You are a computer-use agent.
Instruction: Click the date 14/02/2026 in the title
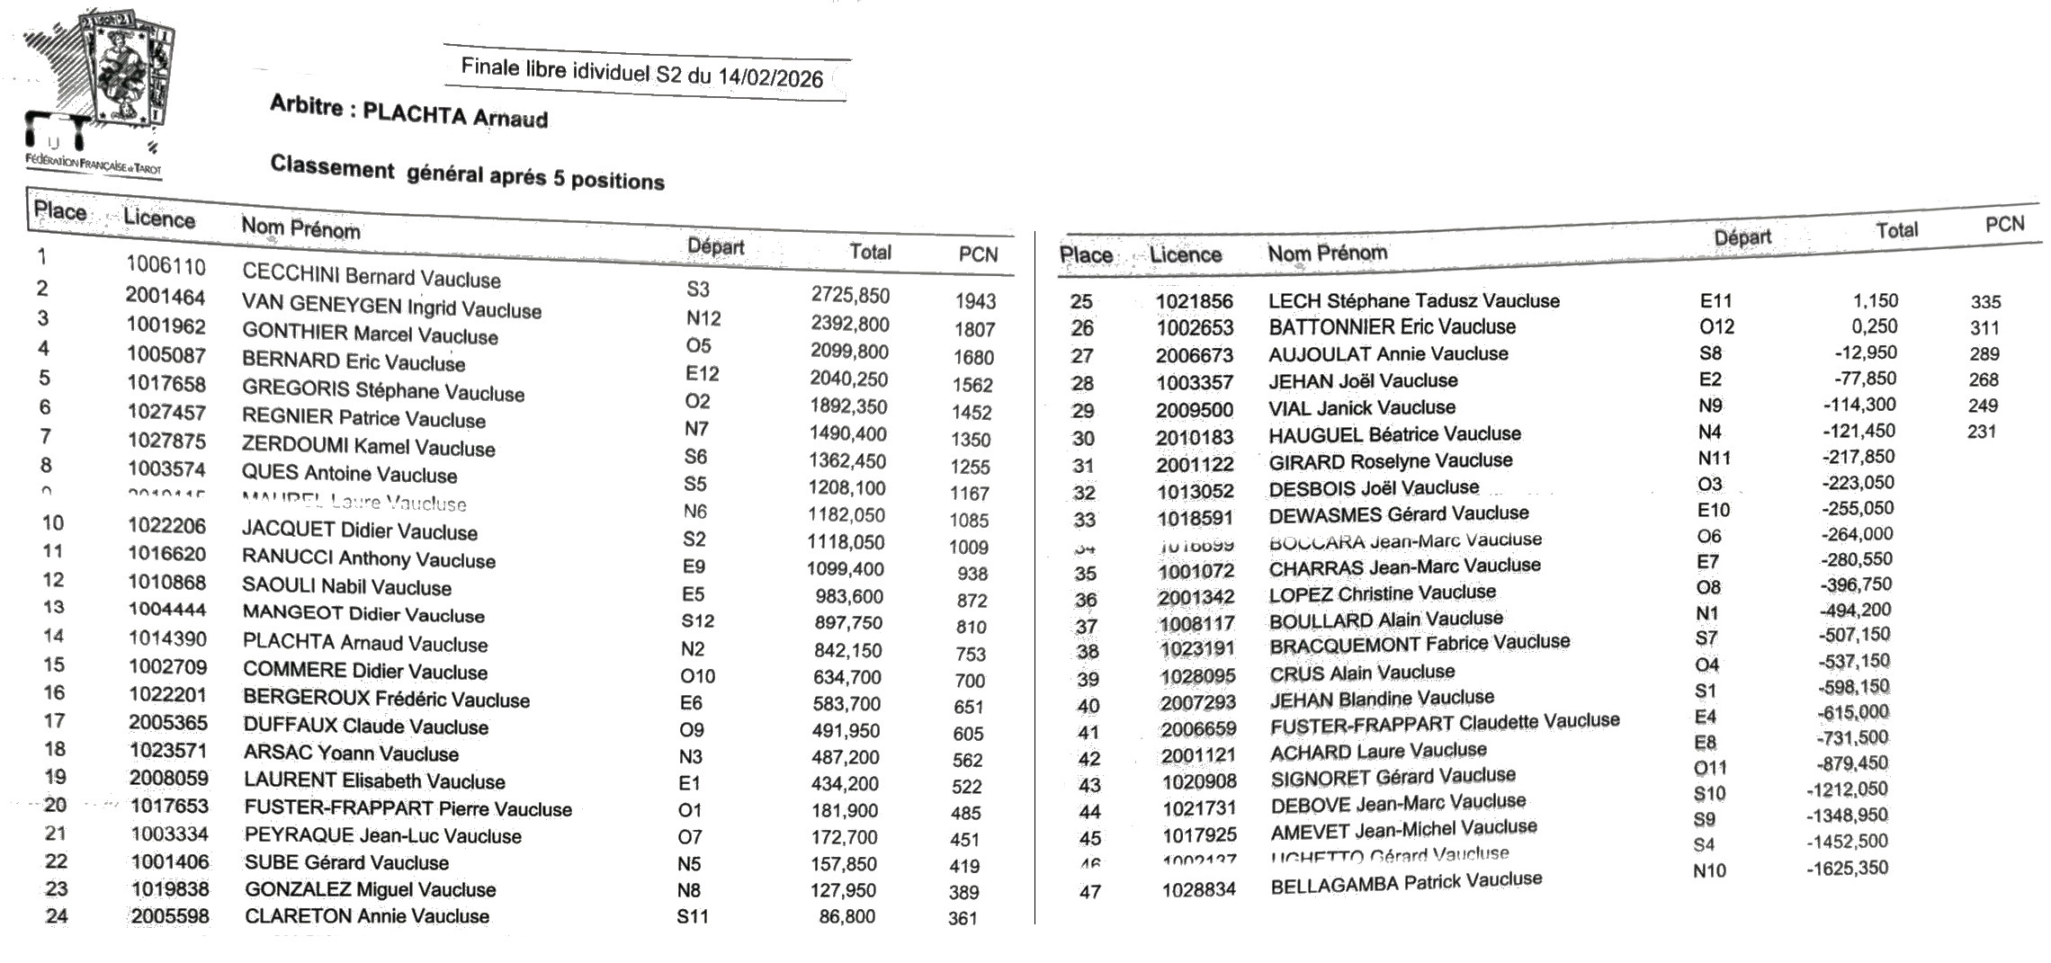click(770, 77)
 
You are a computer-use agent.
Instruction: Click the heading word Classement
click(332, 167)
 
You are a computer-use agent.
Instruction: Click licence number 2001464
click(166, 296)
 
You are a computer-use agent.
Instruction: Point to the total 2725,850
click(850, 295)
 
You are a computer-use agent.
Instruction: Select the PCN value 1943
click(975, 301)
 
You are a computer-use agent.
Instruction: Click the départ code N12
click(703, 318)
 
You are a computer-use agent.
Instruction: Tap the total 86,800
click(847, 916)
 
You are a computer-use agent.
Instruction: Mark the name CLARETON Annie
click(323, 916)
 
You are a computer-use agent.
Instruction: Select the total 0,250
click(1874, 326)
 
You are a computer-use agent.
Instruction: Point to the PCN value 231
click(1982, 432)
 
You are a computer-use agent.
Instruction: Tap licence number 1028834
click(1199, 889)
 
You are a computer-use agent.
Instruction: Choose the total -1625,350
click(1847, 869)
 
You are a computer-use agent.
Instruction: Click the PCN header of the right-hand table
click(2004, 224)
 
